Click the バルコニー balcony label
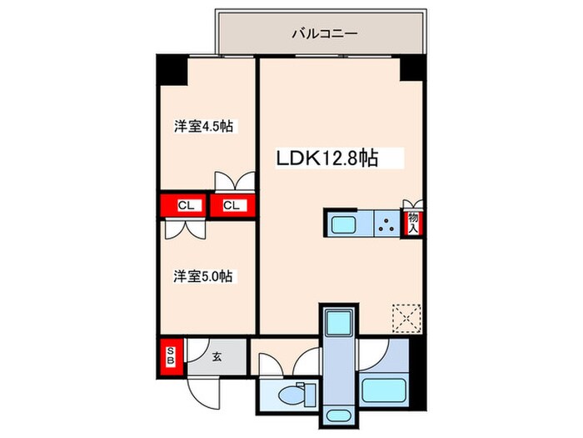coord(324,35)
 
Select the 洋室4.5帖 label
coord(202,128)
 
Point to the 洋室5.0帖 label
coord(202,275)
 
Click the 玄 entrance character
coord(216,357)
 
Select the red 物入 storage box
coord(411,224)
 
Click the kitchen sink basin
coord(342,224)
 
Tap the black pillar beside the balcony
coord(411,69)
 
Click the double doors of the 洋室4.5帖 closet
coord(233,183)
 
